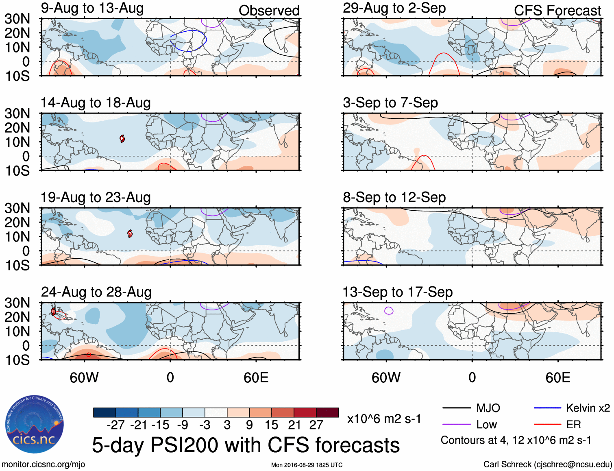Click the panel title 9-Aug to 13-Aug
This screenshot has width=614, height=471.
tap(92, 8)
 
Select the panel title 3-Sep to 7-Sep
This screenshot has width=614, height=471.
tap(390, 102)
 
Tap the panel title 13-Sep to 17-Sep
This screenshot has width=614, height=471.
tap(397, 292)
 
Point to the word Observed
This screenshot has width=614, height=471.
tap(269, 11)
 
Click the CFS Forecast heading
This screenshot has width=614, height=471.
tap(557, 11)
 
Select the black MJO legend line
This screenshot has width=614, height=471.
tap(456, 408)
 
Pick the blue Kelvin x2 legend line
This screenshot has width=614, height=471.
tap(547, 408)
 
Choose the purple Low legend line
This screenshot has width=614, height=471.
tap(456, 425)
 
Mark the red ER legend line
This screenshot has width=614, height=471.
tap(547, 425)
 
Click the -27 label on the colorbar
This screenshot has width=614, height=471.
tap(115, 425)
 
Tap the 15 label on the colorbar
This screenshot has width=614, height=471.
tap(271, 425)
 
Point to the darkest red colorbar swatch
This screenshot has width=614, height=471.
tap(327, 412)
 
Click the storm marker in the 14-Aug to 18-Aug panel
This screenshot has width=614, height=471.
tap(122, 139)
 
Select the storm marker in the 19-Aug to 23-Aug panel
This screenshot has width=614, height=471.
tap(130, 233)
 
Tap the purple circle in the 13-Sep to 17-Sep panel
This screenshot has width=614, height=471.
tap(389, 311)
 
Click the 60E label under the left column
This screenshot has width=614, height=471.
tap(256, 377)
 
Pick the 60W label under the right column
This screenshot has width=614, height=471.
tap(386, 377)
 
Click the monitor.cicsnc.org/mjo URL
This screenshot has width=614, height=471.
tap(44, 464)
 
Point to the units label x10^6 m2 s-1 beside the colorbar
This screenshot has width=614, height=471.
tap(384, 419)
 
